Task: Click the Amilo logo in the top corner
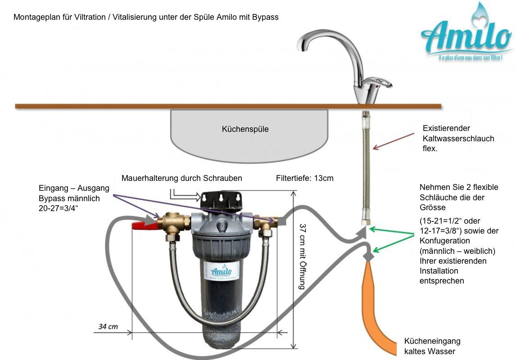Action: [x=467, y=36]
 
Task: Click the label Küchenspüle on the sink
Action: [x=245, y=129]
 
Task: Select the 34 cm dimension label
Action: [x=108, y=326]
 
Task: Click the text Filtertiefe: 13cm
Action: [x=304, y=178]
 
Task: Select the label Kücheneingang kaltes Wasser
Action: [x=432, y=346]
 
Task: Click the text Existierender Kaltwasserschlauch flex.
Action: [x=458, y=138]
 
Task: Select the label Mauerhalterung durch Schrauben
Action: [x=181, y=178]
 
